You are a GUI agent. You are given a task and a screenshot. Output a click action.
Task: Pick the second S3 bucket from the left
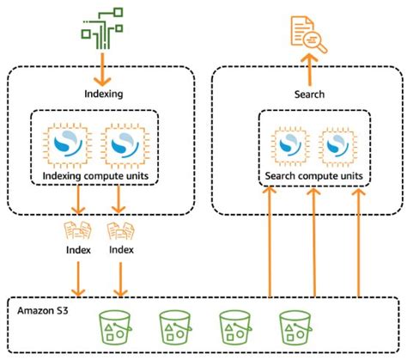174,327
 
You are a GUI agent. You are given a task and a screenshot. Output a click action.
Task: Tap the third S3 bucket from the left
234,327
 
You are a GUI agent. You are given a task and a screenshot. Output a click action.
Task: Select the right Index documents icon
120,232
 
